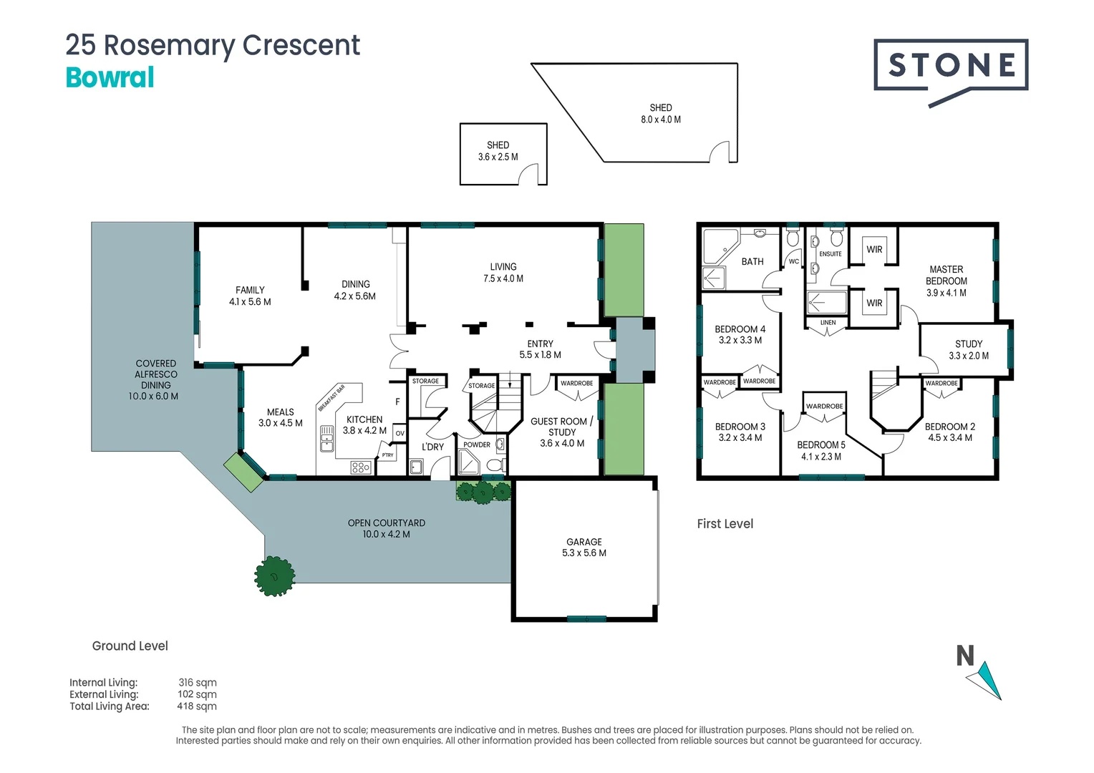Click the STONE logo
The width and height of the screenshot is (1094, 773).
951,67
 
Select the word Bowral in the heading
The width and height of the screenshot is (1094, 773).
110,77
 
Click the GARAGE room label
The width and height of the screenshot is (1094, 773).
584,547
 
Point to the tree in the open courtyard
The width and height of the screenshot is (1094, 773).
275,575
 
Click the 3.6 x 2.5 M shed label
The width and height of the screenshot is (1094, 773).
498,151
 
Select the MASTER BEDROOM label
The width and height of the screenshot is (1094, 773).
947,281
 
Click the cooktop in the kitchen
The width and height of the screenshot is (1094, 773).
361,468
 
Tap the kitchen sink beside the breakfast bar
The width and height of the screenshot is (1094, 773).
327,438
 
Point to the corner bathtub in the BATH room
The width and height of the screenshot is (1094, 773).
720,246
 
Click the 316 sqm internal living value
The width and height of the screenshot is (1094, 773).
198,683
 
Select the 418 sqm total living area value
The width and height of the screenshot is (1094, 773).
197,706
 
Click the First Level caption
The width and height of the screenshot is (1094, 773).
725,524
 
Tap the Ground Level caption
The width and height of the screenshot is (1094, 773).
130,646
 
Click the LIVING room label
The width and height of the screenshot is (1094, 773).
503,272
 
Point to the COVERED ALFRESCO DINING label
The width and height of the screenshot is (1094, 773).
155,379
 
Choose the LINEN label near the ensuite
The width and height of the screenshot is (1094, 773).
828,323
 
